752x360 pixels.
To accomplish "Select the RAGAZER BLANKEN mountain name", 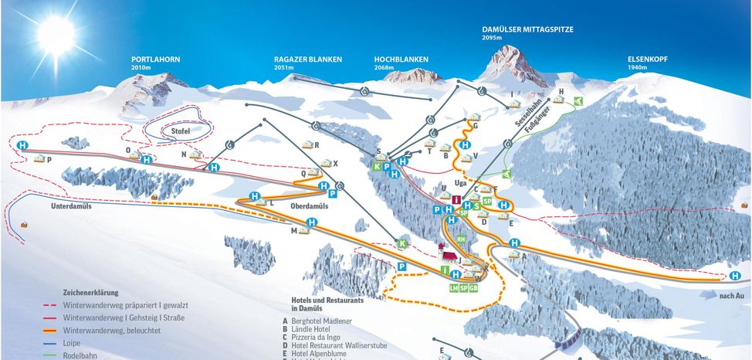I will [308, 59].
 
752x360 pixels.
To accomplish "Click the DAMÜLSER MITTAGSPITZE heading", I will [527, 29].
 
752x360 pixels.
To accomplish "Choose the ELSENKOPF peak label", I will [646, 59].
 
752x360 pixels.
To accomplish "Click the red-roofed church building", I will [445, 253].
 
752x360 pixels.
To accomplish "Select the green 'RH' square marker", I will [461, 240].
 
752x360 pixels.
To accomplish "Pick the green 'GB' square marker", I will [474, 287].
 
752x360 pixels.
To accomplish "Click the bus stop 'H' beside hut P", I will [24, 144].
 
